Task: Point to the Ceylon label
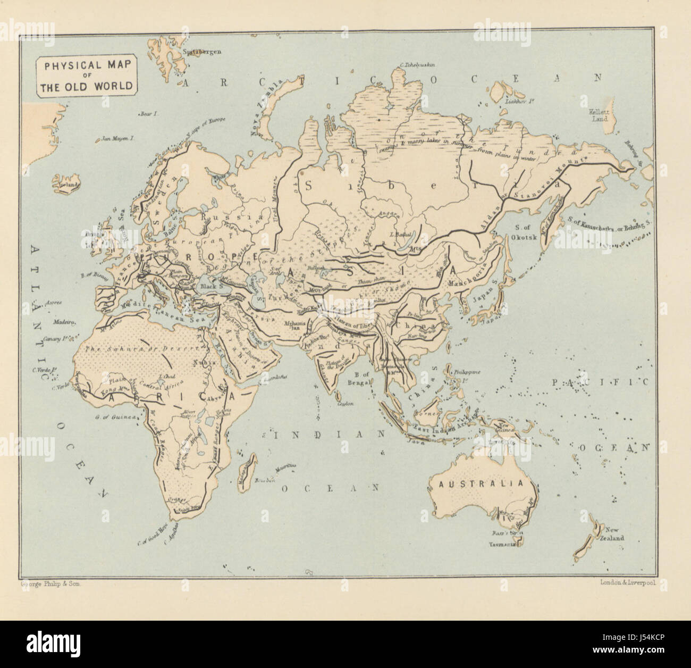[345, 404]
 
